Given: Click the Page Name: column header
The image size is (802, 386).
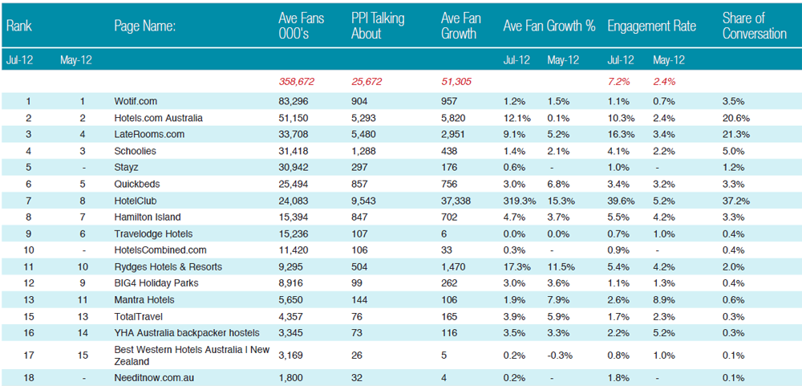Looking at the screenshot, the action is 145,26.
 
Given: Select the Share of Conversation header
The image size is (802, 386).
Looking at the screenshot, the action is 755,26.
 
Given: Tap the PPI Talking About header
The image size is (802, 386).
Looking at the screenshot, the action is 378,26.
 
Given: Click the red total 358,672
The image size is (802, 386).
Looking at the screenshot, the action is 296,81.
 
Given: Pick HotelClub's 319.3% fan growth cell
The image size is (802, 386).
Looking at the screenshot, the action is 520,201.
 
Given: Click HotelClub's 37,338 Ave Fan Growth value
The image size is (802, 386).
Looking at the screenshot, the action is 456,201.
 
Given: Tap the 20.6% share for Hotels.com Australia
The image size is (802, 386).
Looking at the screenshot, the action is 736,118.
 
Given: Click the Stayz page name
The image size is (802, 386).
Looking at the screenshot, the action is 125,168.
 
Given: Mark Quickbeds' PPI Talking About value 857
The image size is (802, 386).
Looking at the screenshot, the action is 359,185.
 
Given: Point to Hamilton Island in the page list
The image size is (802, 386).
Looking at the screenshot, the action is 148,217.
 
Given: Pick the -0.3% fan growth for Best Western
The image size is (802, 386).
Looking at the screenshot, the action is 559,356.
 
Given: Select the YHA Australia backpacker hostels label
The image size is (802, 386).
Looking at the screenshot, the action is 187,333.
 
